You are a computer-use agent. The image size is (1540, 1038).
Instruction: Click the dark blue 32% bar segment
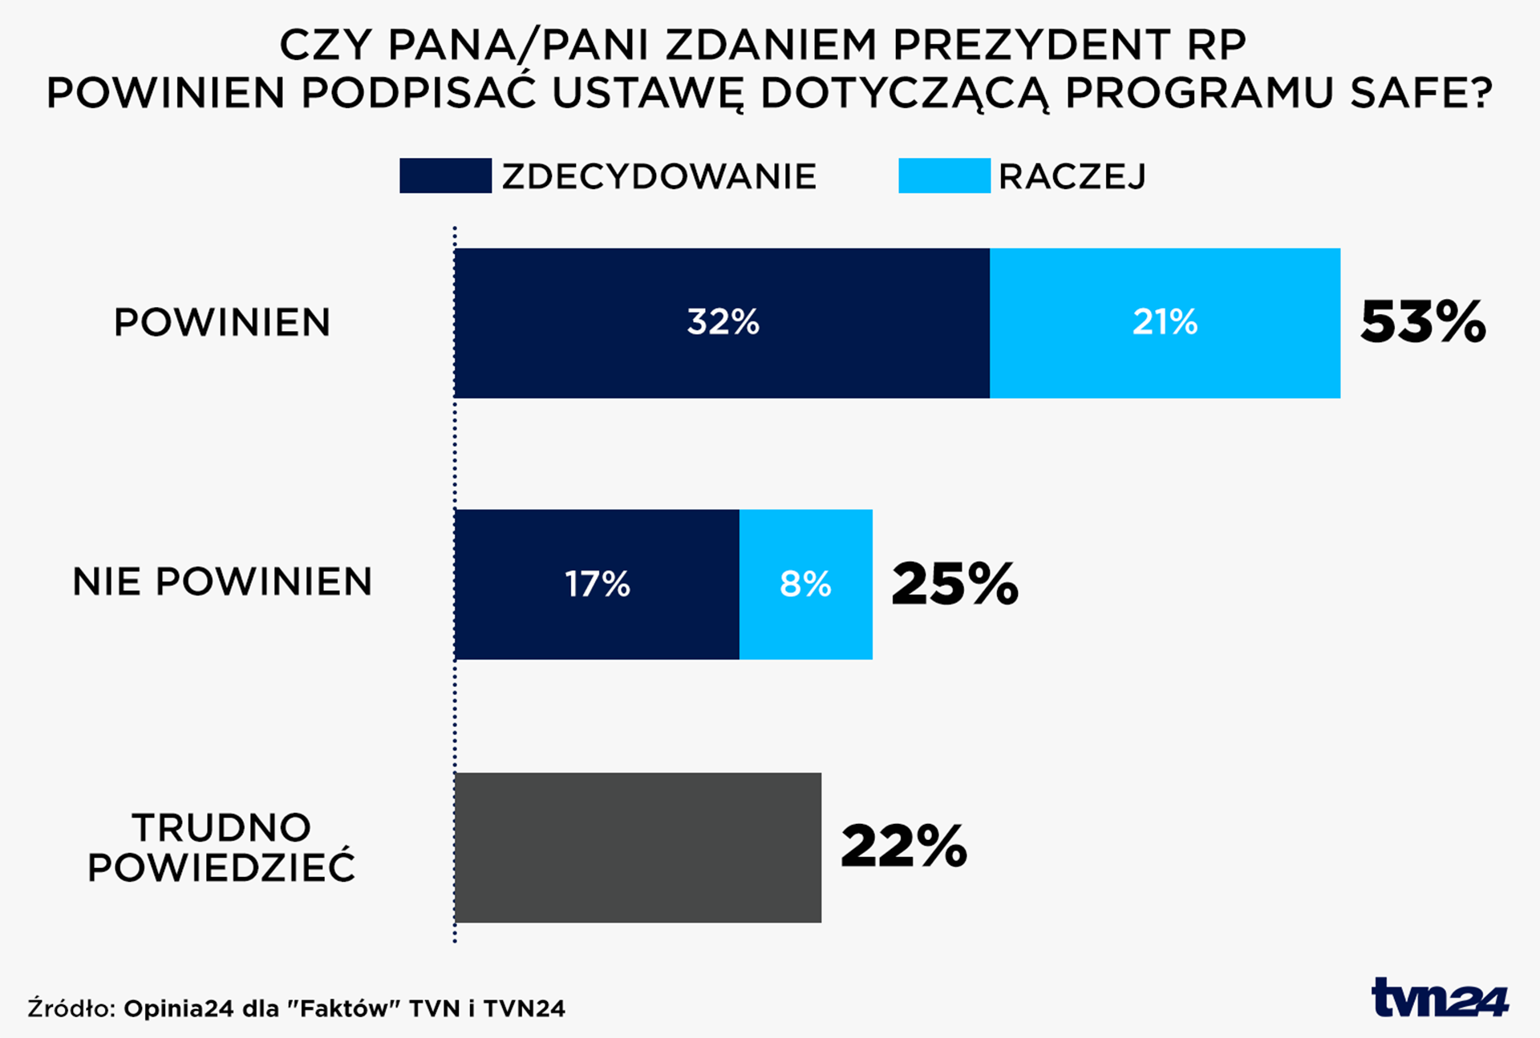tap(722, 323)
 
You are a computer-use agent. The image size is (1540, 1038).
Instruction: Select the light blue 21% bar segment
tap(1165, 323)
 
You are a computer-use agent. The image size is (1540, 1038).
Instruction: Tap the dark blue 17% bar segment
tap(597, 584)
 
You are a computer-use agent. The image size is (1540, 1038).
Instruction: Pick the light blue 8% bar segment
tap(805, 584)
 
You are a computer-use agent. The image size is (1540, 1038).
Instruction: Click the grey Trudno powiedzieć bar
tap(638, 847)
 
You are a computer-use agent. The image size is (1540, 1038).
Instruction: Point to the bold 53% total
tap(1423, 323)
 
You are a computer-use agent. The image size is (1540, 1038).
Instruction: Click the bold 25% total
tap(954, 584)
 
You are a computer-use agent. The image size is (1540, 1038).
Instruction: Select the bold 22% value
tap(904, 847)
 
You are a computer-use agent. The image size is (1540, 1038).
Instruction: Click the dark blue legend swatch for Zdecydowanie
tap(445, 176)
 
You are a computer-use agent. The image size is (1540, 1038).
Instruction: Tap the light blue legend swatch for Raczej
tap(944, 176)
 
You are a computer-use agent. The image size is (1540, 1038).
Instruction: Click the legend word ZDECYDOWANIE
tap(659, 176)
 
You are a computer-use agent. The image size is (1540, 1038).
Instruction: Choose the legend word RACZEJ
tap(1072, 176)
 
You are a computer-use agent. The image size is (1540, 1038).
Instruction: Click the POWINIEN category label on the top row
tap(222, 323)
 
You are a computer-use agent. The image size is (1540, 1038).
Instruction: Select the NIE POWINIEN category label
tap(222, 582)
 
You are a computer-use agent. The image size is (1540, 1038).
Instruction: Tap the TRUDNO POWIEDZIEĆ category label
tap(221, 848)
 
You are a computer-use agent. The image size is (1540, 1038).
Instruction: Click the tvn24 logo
tap(1440, 998)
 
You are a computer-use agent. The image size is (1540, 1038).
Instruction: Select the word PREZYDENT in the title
tap(1031, 45)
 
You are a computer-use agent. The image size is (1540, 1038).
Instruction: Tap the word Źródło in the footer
tap(72, 1008)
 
